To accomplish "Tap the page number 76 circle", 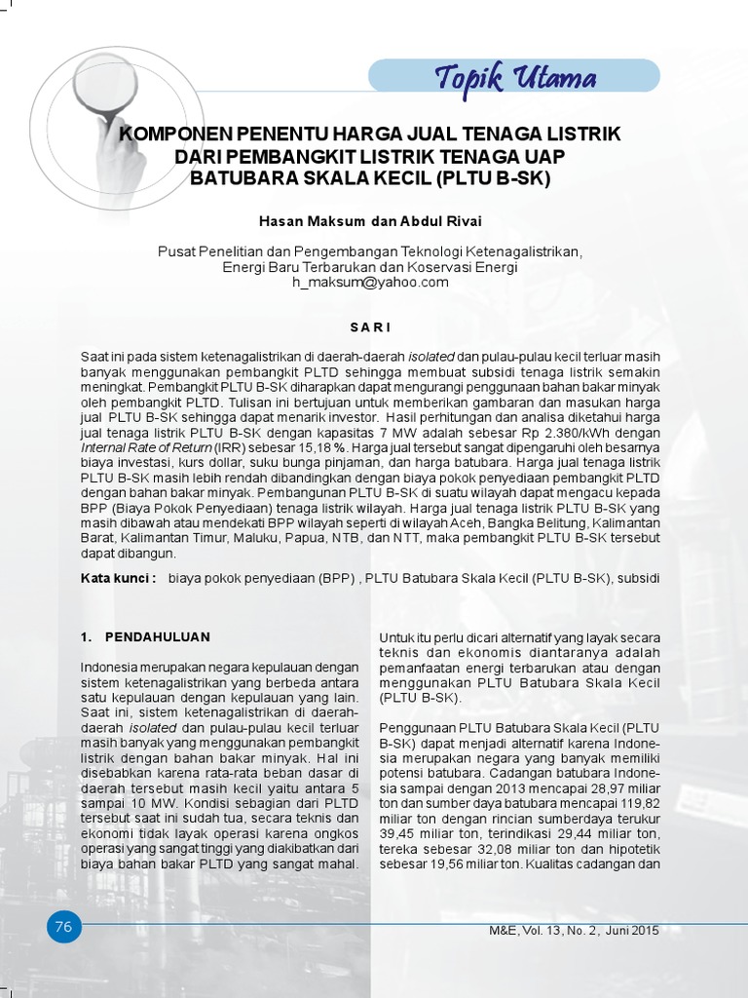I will (x=64, y=927).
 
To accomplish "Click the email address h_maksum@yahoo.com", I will (x=370, y=283).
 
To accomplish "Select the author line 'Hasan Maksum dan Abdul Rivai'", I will (x=370, y=222).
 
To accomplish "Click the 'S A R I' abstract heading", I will (x=370, y=326).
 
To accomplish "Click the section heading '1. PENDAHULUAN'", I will (x=145, y=636).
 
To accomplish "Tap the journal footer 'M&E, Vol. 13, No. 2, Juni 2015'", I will (x=574, y=931).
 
